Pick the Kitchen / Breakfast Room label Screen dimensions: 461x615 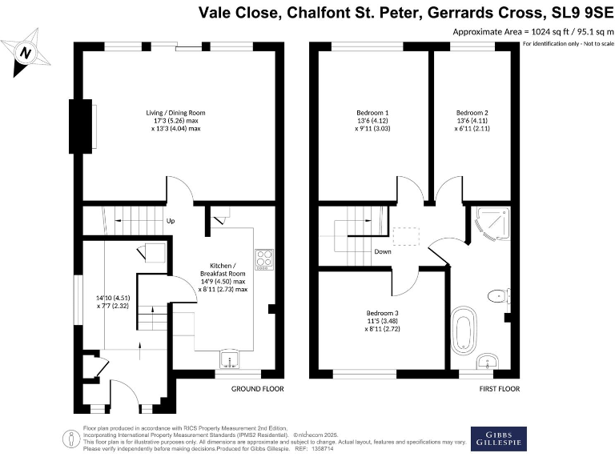223,276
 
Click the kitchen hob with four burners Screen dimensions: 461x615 263,259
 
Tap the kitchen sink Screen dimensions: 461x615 231,359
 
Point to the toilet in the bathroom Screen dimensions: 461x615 498,295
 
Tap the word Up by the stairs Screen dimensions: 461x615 171,222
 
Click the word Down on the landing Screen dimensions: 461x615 382,251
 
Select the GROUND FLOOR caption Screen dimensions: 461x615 257,389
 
